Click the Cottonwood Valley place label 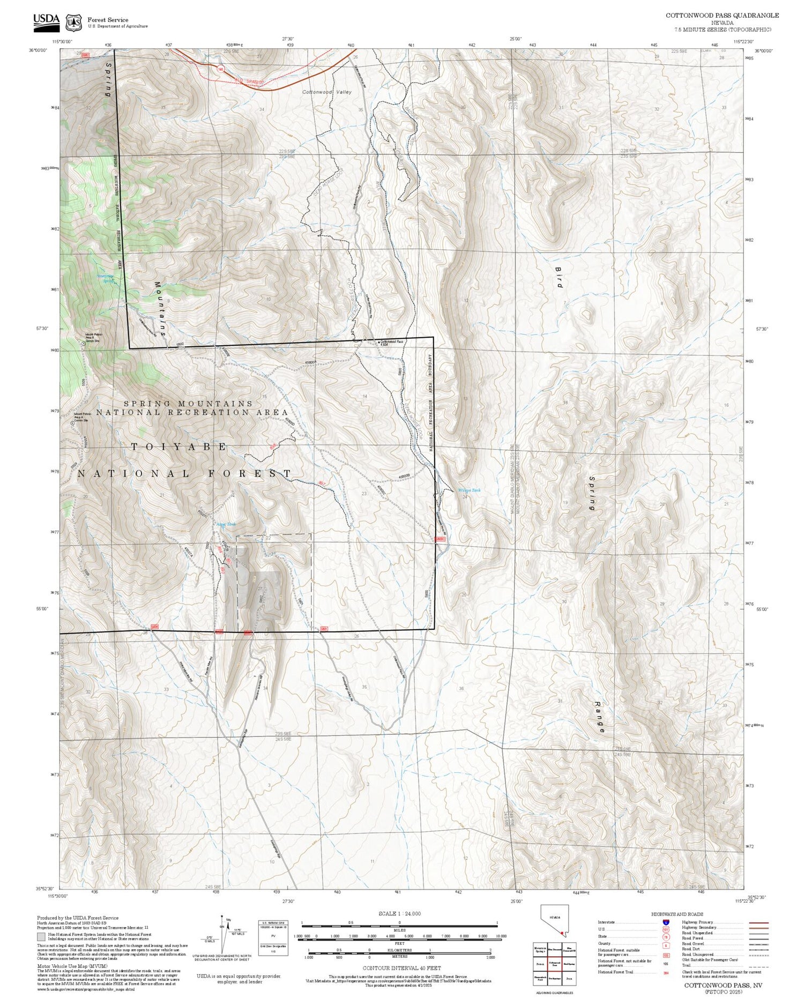pyautogui.click(x=327, y=92)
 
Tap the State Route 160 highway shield pyautogui.click(x=220, y=69)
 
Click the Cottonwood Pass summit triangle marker pyautogui.click(x=379, y=342)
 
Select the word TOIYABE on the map pyautogui.click(x=179, y=446)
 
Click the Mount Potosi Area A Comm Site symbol pyautogui.click(x=73, y=422)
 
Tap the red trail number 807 pyautogui.click(x=322, y=483)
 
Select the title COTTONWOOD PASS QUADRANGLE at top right pyautogui.click(x=722, y=16)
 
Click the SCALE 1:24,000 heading pyautogui.click(x=399, y=913)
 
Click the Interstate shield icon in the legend pyautogui.click(x=666, y=922)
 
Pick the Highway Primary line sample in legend pyautogui.click(x=756, y=923)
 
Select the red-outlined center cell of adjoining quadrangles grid pyautogui.click(x=554, y=964)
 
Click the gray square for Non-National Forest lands pyautogui.click(x=41, y=937)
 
